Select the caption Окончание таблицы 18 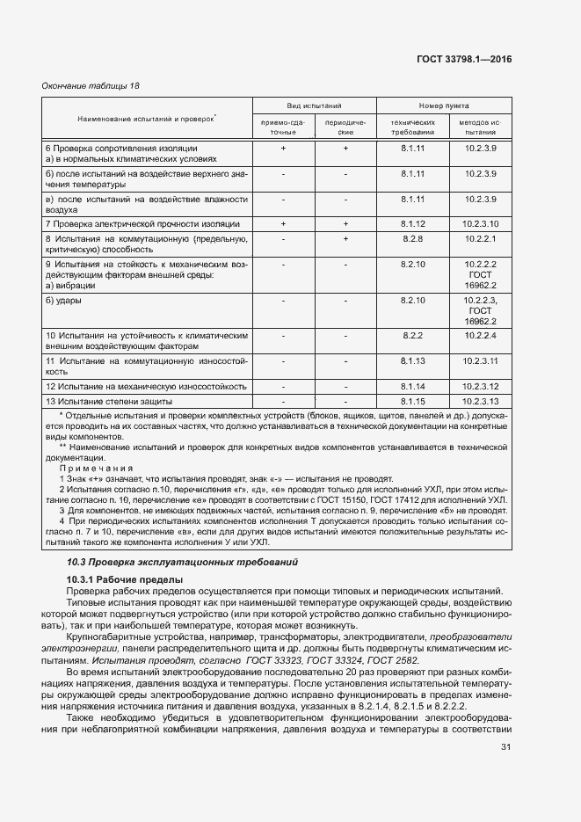[x=91, y=85]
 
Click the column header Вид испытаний [x=314, y=104]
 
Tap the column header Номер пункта [x=443, y=104]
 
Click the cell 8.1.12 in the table [x=412, y=224]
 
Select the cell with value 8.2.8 [x=412, y=239]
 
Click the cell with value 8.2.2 [x=412, y=336]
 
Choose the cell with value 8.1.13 [x=412, y=360]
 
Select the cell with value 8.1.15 [x=412, y=402]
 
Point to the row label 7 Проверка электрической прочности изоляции [x=142, y=224]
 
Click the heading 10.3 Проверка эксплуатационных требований [x=183, y=562]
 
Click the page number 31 [x=505, y=747]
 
